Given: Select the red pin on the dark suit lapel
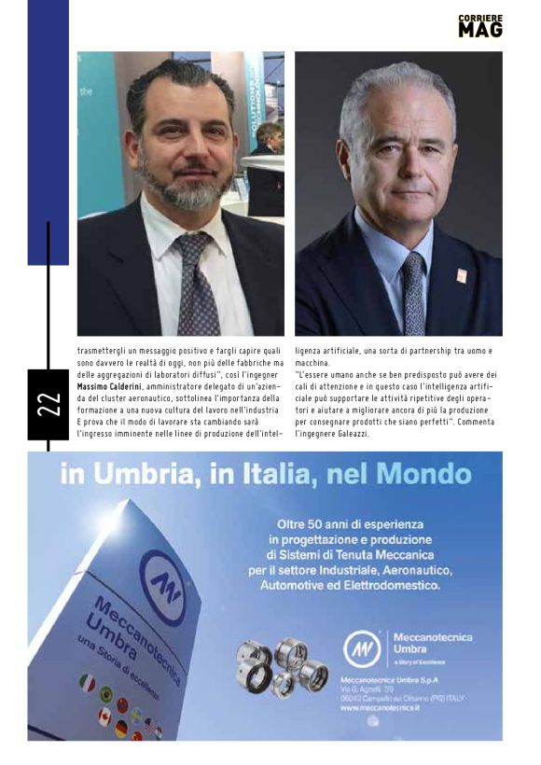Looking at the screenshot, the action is coord(461,275).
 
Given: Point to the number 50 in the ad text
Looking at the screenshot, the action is coord(312,522).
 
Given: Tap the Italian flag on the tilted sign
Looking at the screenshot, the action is coord(88,683).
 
